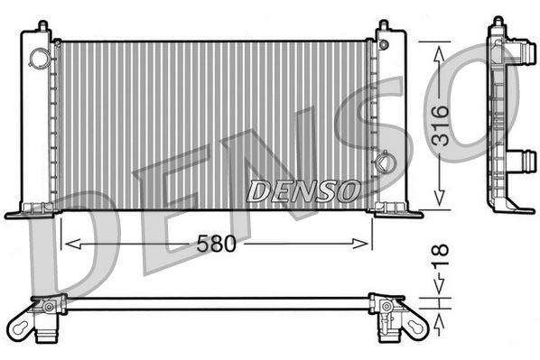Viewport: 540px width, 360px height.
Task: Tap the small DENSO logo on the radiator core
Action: [x=303, y=190]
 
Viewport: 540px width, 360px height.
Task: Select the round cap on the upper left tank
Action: [x=41, y=58]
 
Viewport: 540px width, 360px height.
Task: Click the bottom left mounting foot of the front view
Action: [x=25, y=213]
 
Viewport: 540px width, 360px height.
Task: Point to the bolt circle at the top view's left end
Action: [x=45, y=308]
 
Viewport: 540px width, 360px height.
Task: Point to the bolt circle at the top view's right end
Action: [x=386, y=308]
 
